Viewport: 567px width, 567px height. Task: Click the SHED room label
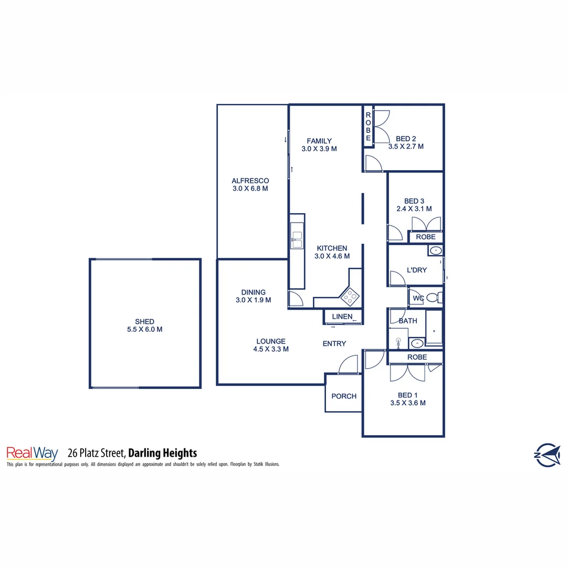coord(144,321)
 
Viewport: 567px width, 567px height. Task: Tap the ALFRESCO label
coord(250,181)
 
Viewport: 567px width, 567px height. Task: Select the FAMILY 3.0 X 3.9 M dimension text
coord(319,149)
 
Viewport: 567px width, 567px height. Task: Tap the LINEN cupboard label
coord(342,317)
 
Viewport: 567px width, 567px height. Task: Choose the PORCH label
coord(344,396)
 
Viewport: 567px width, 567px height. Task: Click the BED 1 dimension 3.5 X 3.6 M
coord(407,403)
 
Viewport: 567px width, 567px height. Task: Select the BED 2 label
coord(406,139)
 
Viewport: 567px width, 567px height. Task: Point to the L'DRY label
coord(417,270)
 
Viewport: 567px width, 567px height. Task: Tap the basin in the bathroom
coord(417,344)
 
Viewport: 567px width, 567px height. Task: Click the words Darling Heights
coord(162,453)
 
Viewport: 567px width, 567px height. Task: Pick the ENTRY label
coord(334,343)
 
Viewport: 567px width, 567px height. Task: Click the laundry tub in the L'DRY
coord(435,251)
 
